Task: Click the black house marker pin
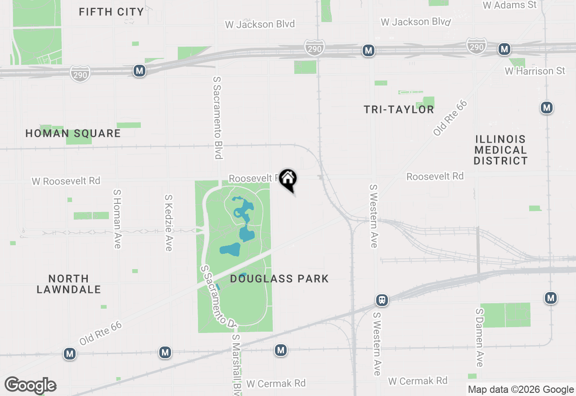[288, 180]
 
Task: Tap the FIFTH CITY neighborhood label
[111, 12]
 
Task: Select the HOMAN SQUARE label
[73, 133]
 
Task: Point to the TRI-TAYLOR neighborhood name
[399, 109]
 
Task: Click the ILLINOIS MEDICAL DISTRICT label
[500, 150]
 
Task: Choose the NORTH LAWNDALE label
[69, 284]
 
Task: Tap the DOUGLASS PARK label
[279, 279]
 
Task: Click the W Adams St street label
[510, 5]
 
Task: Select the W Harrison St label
[535, 71]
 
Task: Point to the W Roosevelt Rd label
[66, 181]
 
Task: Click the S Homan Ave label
[117, 218]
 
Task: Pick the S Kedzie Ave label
[169, 222]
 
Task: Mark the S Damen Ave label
[480, 337]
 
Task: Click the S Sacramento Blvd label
[218, 117]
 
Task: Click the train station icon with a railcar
[382, 300]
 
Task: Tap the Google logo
[31, 385]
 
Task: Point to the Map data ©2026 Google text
[521, 390]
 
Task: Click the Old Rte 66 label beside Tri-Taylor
[450, 117]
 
